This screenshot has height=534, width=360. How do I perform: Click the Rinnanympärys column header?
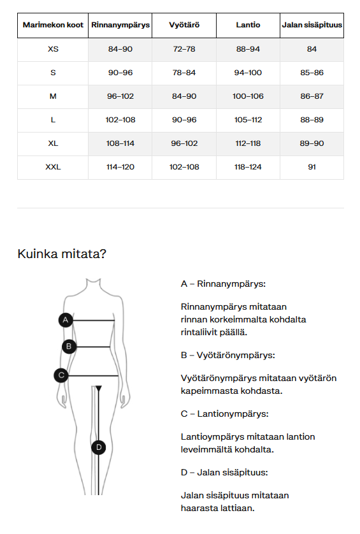coord(120,25)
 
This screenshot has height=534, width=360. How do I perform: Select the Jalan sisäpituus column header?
coord(312,25)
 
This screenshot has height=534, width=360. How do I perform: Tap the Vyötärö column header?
coord(184,25)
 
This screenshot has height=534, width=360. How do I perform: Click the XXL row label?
coord(53,167)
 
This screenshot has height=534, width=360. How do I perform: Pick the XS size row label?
coord(53,49)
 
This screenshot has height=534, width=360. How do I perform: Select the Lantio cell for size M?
coord(248,96)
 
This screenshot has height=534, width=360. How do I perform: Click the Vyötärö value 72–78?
coord(184,49)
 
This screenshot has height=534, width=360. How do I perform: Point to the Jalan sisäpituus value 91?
coord(312,167)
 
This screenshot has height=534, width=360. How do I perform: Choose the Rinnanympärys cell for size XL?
coord(120,143)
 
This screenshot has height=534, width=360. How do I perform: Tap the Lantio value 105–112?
coord(248,120)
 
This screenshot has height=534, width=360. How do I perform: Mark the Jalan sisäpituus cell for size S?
coord(312,73)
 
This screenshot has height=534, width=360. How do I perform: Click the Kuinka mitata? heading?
coord(62,254)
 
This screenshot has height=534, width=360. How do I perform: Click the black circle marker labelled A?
coord(65,320)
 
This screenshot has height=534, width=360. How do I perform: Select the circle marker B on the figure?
coord(69,347)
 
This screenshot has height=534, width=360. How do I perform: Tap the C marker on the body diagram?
coord(61,375)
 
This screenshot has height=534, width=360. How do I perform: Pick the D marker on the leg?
coord(98,447)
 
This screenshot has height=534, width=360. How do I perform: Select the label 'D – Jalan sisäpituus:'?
coord(224,472)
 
